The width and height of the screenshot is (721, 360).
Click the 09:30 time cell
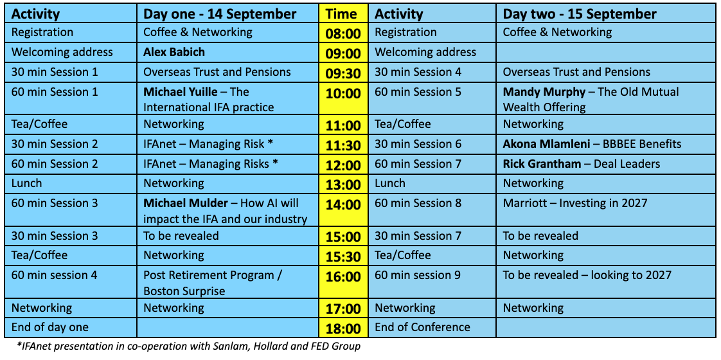click(x=343, y=73)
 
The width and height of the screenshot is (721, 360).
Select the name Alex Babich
click(x=174, y=52)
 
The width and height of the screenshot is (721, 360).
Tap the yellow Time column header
click(x=343, y=14)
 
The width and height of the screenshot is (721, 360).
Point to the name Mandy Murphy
click(x=544, y=92)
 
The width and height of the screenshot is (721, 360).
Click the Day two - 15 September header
click(x=580, y=14)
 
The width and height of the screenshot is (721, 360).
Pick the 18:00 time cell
click(x=343, y=328)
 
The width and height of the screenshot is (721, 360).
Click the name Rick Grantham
click(x=542, y=164)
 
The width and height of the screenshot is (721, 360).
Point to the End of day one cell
click(x=50, y=327)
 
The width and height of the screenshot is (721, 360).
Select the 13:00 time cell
click(x=343, y=184)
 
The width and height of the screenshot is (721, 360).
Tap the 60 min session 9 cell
click(x=418, y=275)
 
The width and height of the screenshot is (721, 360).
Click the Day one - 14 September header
click(x=220, y=14)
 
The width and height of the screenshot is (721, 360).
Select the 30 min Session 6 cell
click(x=418, y=144)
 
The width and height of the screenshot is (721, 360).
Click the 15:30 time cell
click(x=343, y=256)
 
